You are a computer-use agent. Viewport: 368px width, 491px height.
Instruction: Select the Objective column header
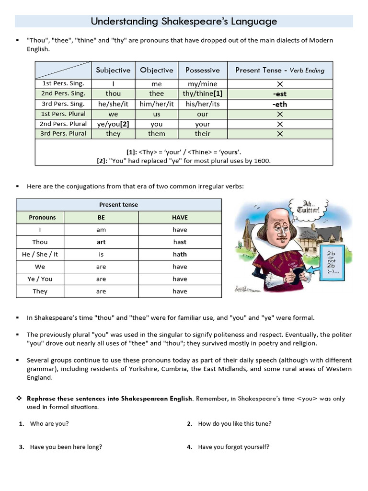pos(157,70)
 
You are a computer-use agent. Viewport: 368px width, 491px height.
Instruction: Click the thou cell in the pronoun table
pos(113,94)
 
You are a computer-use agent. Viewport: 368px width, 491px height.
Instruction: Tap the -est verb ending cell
pos(280,94)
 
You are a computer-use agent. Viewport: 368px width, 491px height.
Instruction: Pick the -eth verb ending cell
pos(280,104)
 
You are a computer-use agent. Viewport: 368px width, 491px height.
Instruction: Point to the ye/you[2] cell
pos(113,124)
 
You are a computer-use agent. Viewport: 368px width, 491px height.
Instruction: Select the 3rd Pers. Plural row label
pos(63,133)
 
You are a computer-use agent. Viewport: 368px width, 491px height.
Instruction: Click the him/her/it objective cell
pos(157,104)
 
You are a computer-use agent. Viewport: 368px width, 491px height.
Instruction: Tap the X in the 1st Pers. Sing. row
pos(280,84)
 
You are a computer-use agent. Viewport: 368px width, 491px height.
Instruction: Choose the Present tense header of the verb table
pos(118,205)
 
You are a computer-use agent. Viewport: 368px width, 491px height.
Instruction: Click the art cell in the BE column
pos(101,242)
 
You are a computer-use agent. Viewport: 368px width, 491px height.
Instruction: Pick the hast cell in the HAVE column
pos(180,242)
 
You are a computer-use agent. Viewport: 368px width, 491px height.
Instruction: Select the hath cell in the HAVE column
pos(180,255)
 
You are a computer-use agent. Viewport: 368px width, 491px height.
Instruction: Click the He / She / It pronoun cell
pos(40,255)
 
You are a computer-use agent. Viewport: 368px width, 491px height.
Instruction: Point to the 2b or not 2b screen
pos(331,263)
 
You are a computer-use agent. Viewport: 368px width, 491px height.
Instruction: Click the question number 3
pos(22,447)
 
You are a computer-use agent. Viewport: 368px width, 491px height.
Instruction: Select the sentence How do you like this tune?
pos(235,424)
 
